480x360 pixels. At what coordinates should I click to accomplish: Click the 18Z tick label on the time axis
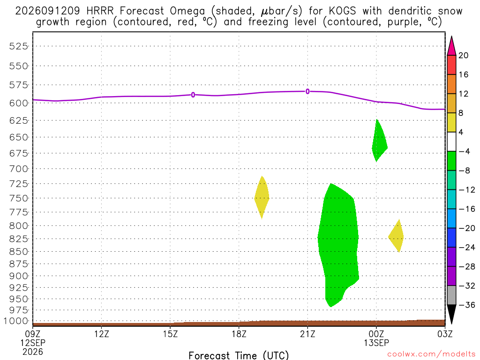pyautogui.click(x=239, y=334)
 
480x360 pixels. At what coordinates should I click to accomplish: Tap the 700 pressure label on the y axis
pyautogui.click(x=18, y=169)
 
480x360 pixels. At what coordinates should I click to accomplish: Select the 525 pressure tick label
pyautogui.click(x=18, y=46)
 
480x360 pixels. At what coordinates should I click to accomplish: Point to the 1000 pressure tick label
pyautogui.click(x=15, y=321)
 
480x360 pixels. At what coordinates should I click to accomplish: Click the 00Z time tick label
pyautogui.click(x=376, y=334)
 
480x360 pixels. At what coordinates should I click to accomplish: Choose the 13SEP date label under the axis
pyautogui.click(x=376, y=343)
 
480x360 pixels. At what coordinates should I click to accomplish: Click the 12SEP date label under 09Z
pyautogui.click(x=33, y=343)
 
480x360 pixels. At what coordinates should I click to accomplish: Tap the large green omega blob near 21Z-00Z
pyautogui.click(x=338, y=245)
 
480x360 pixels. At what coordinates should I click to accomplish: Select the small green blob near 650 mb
pyautogui.click(x=379, y=141)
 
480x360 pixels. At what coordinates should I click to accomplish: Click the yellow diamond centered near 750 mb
pyautogui.click(x=262, y=198)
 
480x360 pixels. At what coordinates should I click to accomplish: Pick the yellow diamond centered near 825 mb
pyautogui.click(x=396, y=236)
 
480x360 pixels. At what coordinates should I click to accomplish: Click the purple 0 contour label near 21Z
pyautogui.click(x=307, y=91)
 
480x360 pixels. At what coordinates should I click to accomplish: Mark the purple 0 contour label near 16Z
pyautogui.click(x=193, y=95)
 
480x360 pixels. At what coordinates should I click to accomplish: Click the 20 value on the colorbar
pyautogui.click(x=463, y=55)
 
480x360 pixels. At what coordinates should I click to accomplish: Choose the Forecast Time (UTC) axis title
pyautogui.click(x=239, y=355)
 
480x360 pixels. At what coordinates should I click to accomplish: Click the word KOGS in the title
pyautogui.click(x=342, y=11)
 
